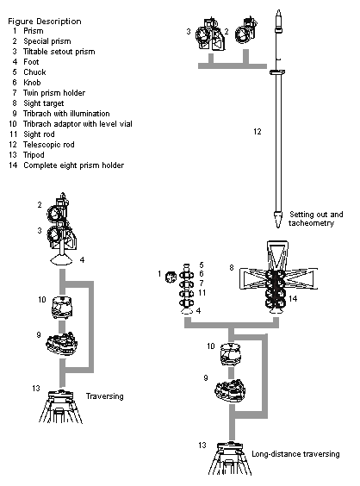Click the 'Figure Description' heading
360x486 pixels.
point(45,22)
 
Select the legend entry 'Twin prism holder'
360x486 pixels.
point(54,93)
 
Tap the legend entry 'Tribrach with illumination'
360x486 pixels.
point(66,114)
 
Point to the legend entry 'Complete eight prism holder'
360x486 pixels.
point(74,165)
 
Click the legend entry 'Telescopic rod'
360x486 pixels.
point(49,145)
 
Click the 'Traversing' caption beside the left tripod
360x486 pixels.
point(105,396)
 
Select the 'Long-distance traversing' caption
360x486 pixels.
point(295,454)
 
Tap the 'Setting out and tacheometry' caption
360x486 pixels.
point(316,219)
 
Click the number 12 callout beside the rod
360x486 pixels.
point(258,132)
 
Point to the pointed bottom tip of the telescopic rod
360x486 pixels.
point(278,227)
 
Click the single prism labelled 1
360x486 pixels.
point(171,277)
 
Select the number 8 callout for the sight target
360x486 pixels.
point(232,267)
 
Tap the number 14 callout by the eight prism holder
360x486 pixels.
point(293,298)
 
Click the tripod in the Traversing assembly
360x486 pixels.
point(61,407)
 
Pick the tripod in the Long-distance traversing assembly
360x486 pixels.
point(230,458)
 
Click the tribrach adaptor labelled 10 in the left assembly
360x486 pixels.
point(62,308)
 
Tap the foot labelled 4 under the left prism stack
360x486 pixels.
point(62,260)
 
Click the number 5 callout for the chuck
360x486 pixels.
point(202,265)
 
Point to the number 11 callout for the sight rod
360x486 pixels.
point(202,293)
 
